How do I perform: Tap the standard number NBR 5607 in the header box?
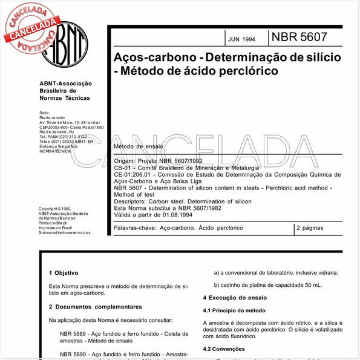click(x=299, y=37)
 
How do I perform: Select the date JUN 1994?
click(x=241, y=39)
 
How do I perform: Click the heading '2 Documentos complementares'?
click(x=96, y=307)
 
